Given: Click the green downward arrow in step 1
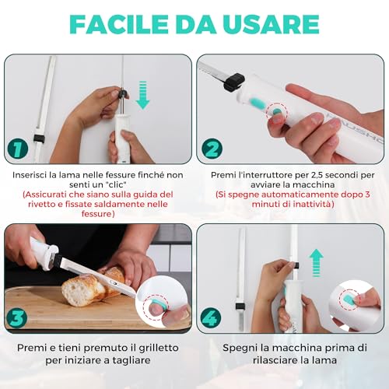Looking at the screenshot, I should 143,96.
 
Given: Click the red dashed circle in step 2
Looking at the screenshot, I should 277,115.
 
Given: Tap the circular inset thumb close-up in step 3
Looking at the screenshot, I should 163,303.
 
